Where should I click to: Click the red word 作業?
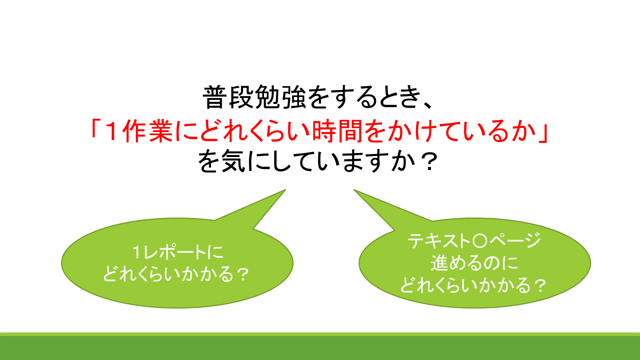(x=148, y=131)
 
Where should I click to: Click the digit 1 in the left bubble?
(x=137, y=252)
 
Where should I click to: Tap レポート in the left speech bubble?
(x=174, y=252)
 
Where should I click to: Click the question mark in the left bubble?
(x=243, y=274)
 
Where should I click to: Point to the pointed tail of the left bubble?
(x=285, y=189)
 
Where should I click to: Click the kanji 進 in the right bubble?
(x=439, y=263)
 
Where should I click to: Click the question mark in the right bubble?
(x=540, y=286)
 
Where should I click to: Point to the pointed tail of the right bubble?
(x=354, y=189)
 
